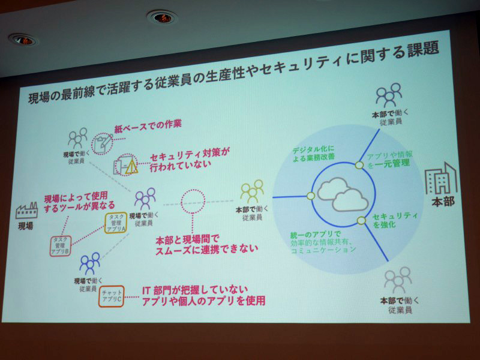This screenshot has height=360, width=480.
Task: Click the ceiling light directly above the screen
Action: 160,17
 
